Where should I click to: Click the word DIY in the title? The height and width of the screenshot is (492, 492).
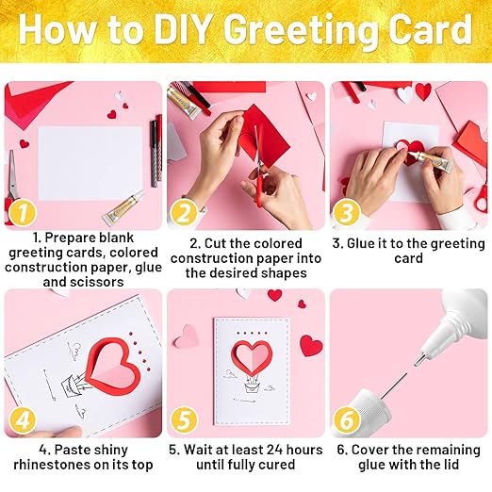tap(186, 30)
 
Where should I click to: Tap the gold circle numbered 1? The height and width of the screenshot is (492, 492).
tap(23, 213)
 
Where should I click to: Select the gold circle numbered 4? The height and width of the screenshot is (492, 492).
tap(23, 420)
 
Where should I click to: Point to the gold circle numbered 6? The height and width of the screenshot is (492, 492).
tap(347, 420)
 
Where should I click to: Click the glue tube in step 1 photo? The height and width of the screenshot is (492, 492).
tap(123, 208)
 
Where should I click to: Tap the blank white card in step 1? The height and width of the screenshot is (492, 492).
tap(90, 164)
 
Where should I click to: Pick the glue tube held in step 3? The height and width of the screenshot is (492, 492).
tap(430, 158)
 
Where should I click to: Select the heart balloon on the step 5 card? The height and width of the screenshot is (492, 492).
tap(253, 357)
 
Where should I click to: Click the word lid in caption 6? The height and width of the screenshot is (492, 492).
tap(450, 465)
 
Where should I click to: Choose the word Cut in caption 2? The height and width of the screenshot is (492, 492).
tap(215, 244)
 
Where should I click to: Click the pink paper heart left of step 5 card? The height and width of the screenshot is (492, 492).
tap(187, 336)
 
